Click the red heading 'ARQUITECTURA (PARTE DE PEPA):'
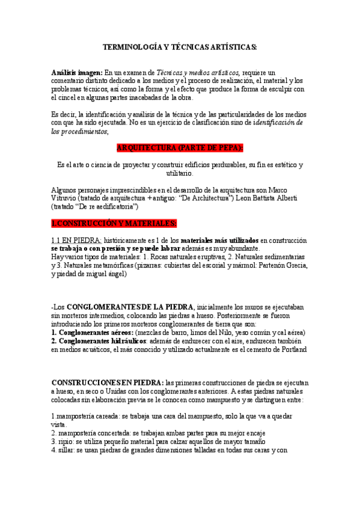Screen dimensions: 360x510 [180, 147]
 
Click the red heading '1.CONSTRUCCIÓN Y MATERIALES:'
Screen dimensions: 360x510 [114, 224]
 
